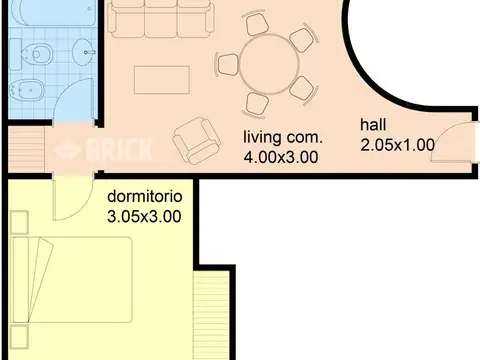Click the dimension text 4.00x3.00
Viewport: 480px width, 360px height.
[x=280, y=156]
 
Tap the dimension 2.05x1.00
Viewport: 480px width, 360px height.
[x=397, y=144]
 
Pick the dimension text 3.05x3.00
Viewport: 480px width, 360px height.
[x=145, y=216]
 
